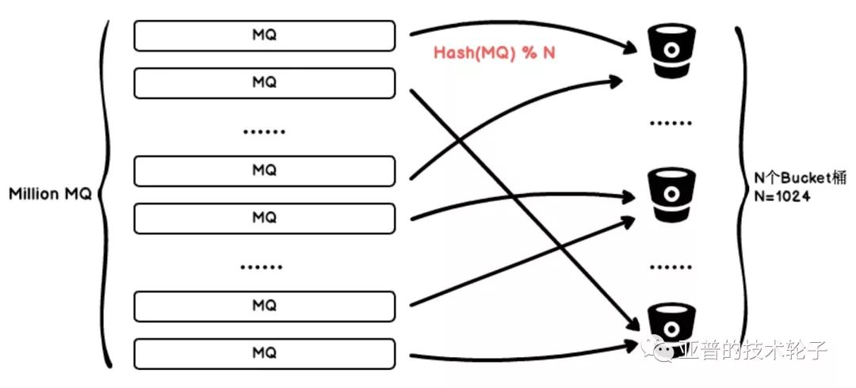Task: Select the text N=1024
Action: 781,196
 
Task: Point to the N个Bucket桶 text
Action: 800,178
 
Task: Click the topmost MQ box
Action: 264,36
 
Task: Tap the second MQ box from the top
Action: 264,82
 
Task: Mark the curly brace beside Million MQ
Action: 105,194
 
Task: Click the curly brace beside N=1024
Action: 743,194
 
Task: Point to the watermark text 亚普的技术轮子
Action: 751,349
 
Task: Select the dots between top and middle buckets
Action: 671,124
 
